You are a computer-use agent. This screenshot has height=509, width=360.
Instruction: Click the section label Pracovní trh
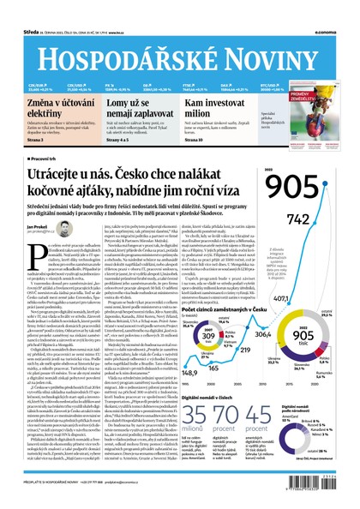(44, 159)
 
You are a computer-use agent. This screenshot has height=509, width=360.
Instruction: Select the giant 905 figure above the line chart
(298, 188)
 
